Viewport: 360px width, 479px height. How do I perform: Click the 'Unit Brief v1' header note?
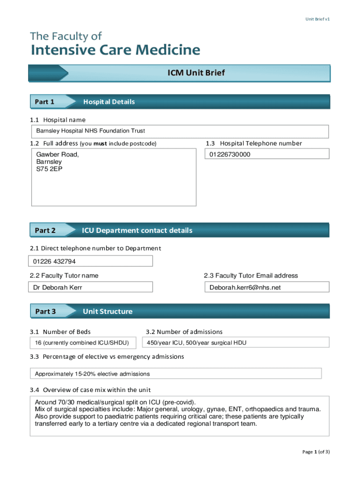click(318, 19)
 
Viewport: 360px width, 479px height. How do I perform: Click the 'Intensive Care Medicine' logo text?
click(115, 50)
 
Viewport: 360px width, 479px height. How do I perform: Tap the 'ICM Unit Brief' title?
click(196, 73)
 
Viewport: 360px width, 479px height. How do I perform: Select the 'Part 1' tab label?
click(45, 102)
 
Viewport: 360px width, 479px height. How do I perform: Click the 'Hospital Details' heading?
click(109, 102)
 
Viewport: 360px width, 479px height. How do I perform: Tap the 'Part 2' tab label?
click(45, 231)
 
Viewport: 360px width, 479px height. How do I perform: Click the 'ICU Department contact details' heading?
click(137, 231)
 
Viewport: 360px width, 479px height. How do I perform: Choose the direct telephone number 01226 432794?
click(54, 261)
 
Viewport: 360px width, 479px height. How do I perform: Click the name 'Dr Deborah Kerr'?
click(58, 287)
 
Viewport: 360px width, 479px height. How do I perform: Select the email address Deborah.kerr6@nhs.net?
click(245, 287)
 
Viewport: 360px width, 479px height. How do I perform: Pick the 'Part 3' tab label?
click(45, 312)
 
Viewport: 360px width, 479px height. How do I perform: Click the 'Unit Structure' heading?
click(108, 312)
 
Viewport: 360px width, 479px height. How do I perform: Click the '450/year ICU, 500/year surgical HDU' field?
click(196, 343)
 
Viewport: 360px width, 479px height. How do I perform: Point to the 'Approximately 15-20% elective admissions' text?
click(93, 374)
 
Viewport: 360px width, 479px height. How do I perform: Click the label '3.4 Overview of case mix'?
click(90, 390)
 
